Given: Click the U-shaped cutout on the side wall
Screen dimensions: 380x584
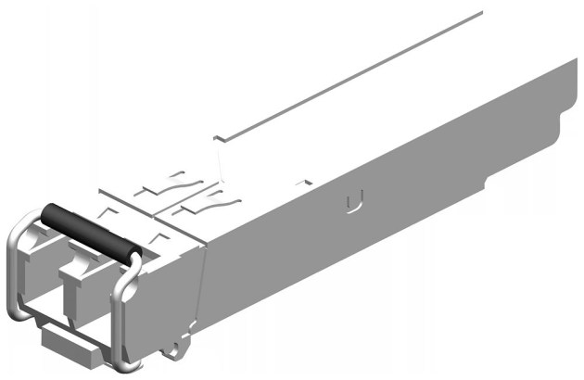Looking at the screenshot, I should point(350,202).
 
